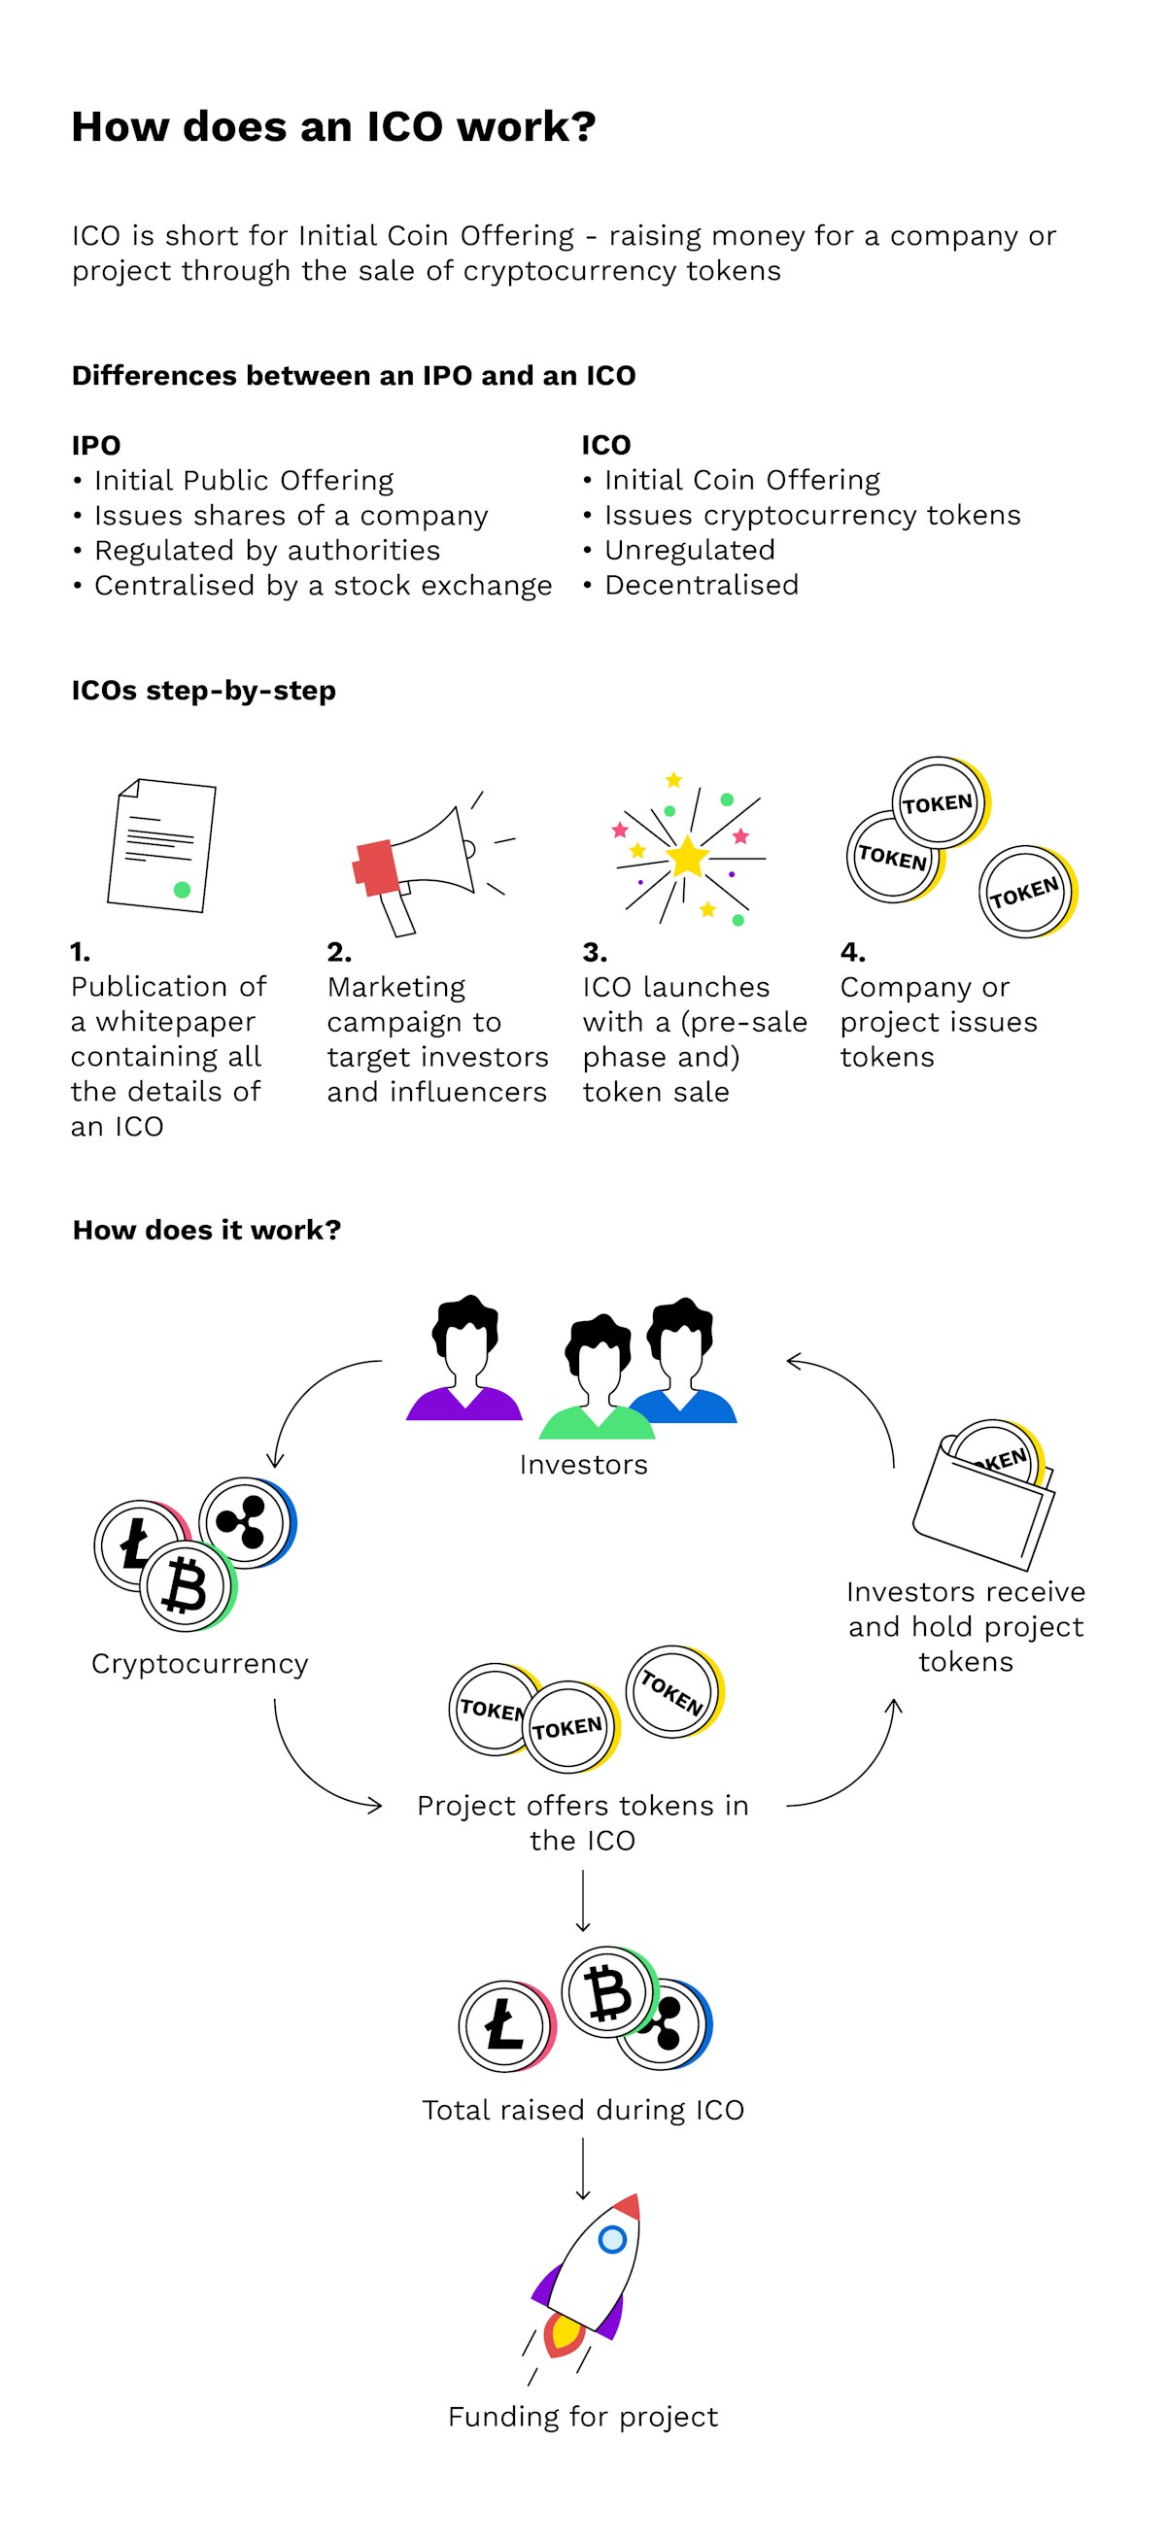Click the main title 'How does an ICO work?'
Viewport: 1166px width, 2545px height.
coord(333,126)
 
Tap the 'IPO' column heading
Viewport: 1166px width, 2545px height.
coord(96,445)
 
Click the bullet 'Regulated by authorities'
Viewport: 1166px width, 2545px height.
coord(267,551)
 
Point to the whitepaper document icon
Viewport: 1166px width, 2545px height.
coord(161,845)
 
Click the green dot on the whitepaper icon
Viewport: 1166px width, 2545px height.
coord(182,889)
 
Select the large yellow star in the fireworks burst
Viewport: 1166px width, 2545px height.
coord(687,856)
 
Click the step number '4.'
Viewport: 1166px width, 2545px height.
coord(852,951)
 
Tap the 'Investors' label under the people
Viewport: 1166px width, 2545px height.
coord(583,1464)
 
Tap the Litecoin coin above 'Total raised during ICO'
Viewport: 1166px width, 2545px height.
coord(505,2025)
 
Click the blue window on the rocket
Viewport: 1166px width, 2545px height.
coord(613,2239)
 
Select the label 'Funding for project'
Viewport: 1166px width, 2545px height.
coord(583,2417)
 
